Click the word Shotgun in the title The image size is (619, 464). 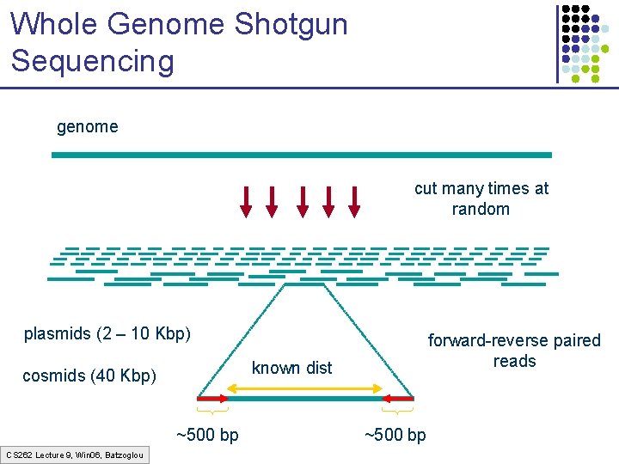tap(288, 24)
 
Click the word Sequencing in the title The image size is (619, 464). tap(93, 61)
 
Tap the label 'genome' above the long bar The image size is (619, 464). tap(87, 127)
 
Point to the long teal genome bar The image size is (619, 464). tap(301, 155)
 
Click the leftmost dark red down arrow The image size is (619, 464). tap(246, 200)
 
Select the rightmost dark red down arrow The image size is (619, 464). tap(353, 200)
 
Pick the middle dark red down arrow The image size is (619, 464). tap(302, 200)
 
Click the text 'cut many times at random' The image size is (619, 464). tap(481, 198)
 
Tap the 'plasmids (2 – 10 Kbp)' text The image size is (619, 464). tap(107, 333)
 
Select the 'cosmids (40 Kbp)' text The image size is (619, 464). tap(89, 375)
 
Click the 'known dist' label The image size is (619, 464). tap(291, 368)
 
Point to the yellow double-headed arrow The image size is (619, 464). tap(304, 389)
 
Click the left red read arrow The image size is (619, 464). tap(212, 399)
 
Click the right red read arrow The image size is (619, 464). tap(398, 399)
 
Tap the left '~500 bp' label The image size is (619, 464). tap(207, 435)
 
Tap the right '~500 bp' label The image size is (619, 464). tap(395, 435)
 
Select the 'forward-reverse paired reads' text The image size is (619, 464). tap(514, 351)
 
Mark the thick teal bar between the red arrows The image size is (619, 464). tap(304, 399)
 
